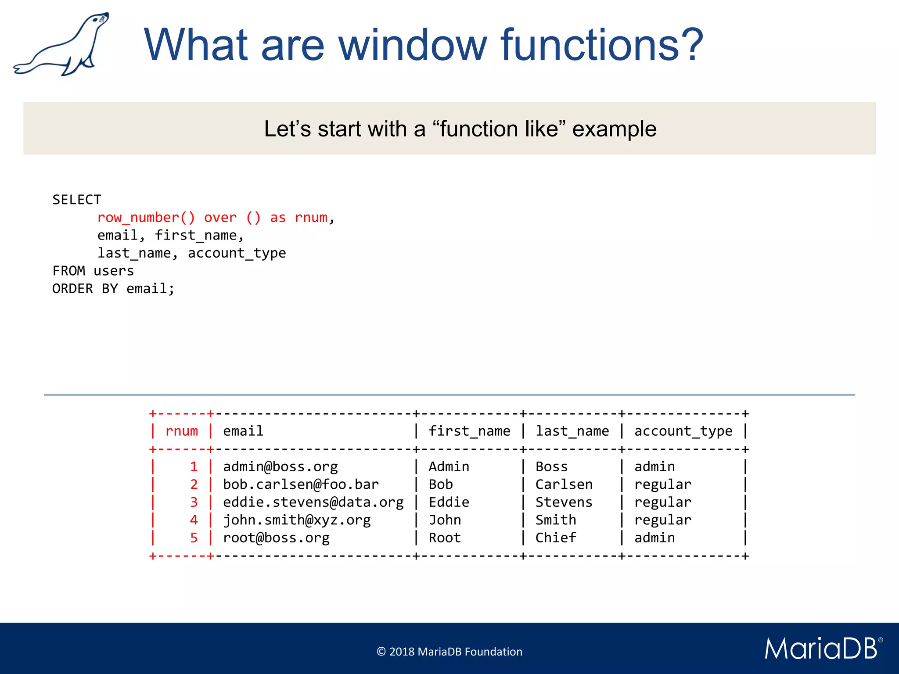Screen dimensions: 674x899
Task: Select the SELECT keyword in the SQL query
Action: (77, 200)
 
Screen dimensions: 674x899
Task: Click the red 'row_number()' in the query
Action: (146, 218)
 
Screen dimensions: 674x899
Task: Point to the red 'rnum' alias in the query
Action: (311, 218)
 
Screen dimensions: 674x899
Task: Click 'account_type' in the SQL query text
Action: (237, 253)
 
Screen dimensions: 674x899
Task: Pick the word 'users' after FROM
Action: (114, 271)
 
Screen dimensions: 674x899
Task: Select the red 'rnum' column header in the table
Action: (182, 431)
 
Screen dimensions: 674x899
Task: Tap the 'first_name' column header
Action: (469, 431)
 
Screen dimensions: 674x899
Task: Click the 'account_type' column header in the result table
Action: (683, 431)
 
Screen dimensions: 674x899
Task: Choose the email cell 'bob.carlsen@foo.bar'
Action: (301, 484)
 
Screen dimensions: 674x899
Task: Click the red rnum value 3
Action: (194, 502)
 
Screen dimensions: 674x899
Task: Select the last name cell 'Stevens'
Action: (564, 502)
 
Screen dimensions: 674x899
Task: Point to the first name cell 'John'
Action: (445, 520)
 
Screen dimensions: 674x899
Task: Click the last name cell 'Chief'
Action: (555, 538)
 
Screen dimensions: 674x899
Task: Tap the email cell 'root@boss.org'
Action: (276, 538)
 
